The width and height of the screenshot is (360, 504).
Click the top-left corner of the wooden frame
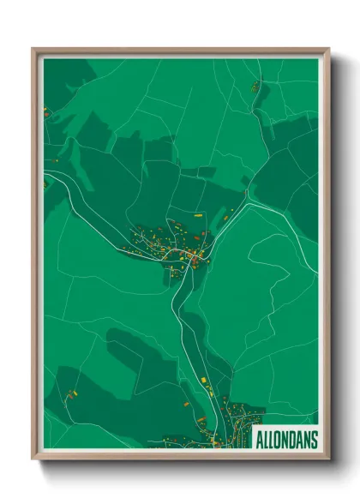[x=33, y=49]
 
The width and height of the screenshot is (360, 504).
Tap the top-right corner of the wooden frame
[x=328, y=49]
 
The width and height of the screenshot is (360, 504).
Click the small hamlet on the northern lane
[x=255, y=87]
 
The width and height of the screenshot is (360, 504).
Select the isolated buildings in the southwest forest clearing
[x=70, y=394]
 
